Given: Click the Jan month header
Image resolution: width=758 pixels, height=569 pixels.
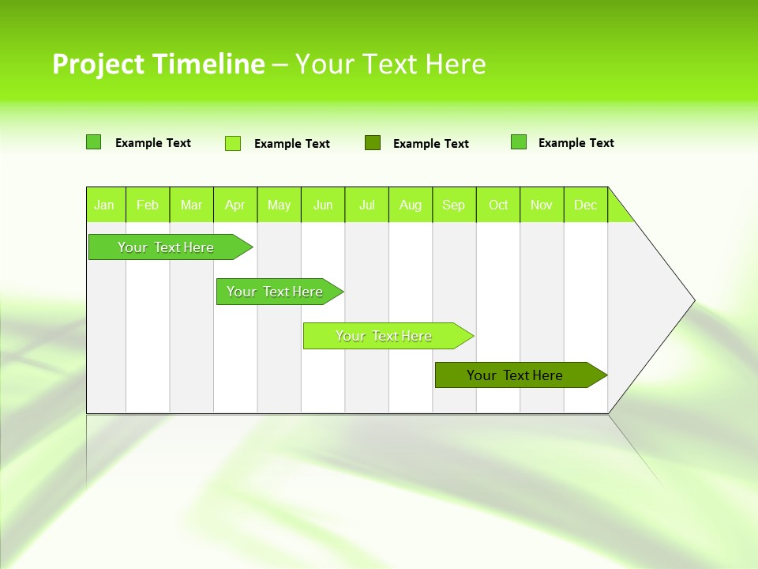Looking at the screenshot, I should coord(105,205).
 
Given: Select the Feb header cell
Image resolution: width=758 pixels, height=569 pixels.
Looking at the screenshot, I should coord(148,205).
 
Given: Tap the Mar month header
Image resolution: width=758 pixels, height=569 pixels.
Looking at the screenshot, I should coord(191,205).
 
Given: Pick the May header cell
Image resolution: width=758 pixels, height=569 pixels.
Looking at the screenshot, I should coord(279,205).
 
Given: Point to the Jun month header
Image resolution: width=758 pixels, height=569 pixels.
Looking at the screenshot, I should coord(323,205).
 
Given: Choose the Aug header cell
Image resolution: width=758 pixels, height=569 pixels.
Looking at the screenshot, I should coord(411,205).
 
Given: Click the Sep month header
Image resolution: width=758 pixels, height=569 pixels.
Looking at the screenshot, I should coord(454,205).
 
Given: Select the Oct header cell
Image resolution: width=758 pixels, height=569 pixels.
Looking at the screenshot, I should coord(498,205).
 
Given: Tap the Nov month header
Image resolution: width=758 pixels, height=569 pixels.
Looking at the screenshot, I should coord(542,205).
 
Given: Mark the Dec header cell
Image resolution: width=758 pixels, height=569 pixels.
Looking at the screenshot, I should coord(586,205).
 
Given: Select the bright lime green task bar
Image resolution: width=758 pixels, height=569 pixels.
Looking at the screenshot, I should coord(385,336).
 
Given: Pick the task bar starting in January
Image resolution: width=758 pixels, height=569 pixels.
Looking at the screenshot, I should coord(167,247).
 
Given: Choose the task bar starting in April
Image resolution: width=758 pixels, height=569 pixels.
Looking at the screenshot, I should coord(276,292).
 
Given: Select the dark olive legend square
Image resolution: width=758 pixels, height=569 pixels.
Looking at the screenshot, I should coord(373,143).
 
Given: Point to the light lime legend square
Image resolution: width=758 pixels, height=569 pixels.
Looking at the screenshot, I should coord(233,143).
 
